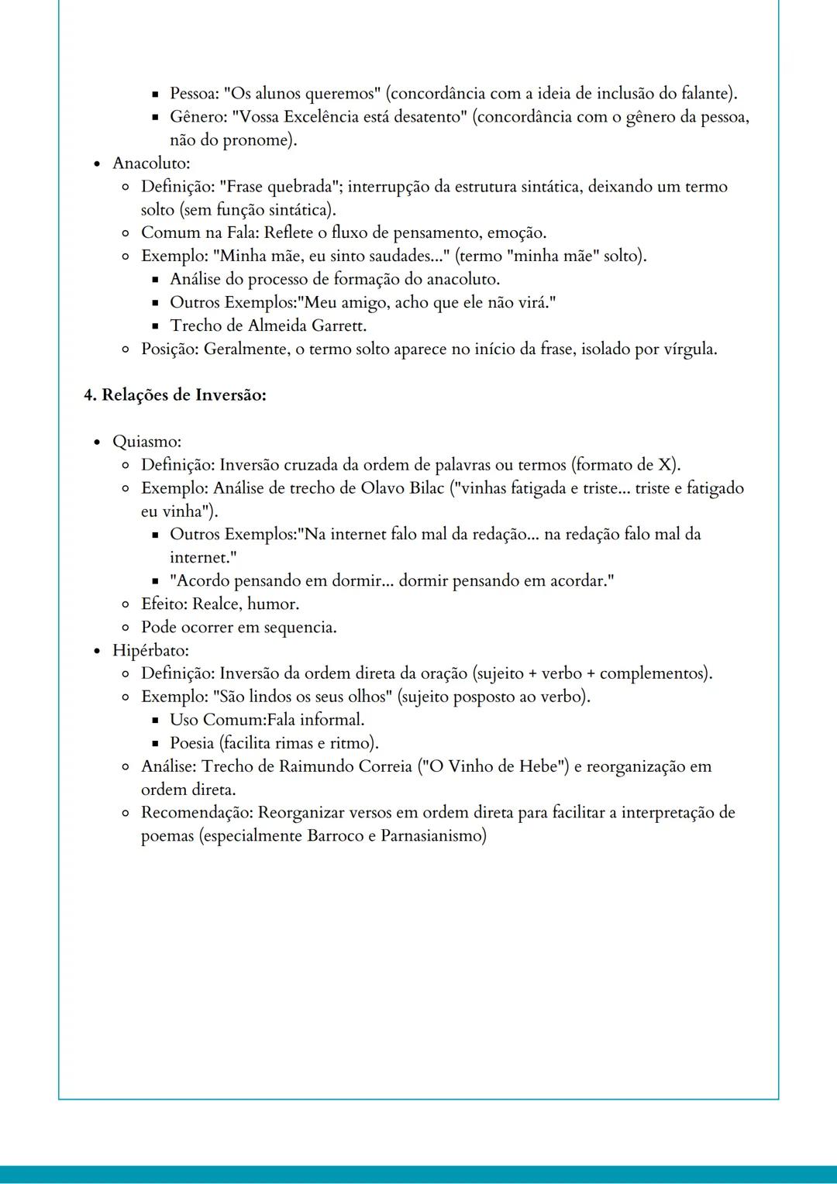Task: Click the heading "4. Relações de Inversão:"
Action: click(175, 395)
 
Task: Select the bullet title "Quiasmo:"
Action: click(146, 442)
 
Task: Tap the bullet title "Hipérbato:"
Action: click(150, 650)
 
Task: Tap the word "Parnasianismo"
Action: click(430, 836)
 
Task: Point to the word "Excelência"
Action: click(322, 117)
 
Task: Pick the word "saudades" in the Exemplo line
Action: click(401, 256)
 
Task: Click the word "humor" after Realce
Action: click(272, 604)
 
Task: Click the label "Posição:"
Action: click(170, 349)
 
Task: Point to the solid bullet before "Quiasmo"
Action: click(97, 442)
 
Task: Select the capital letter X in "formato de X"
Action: click(666, 465)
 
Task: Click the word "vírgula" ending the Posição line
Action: click(689, 349)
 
